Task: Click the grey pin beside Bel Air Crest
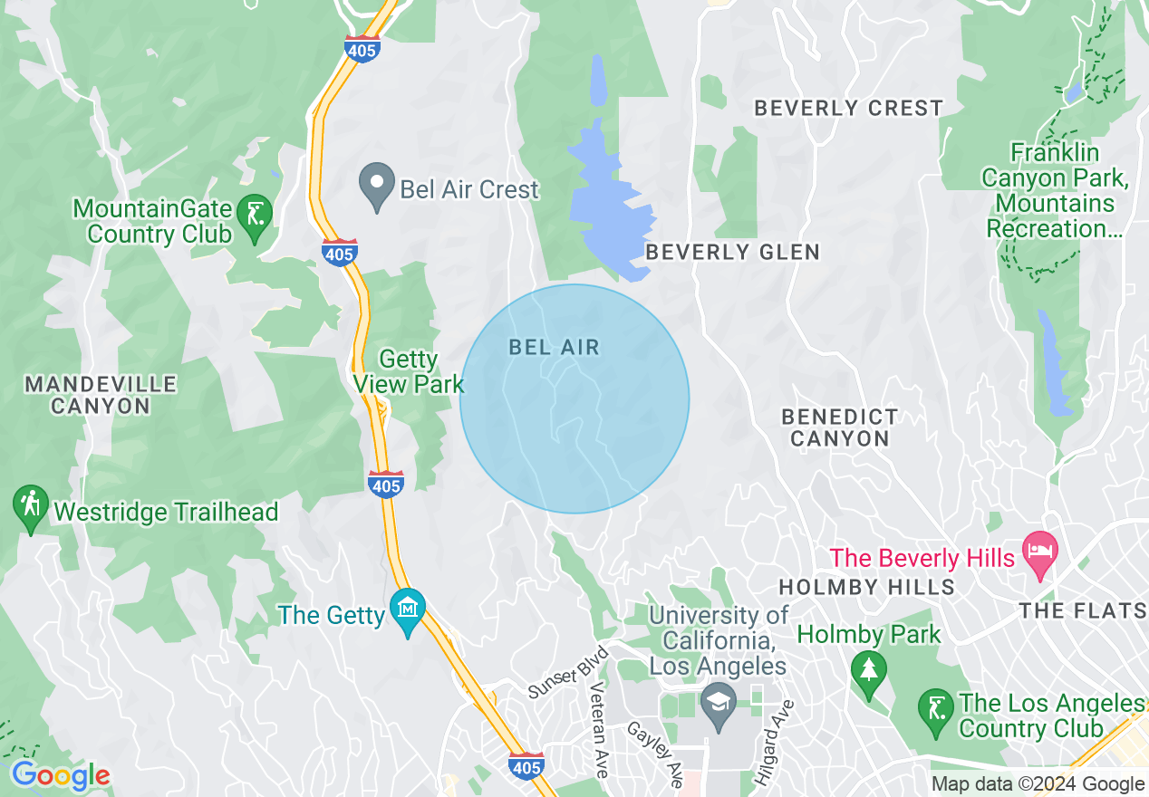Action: (x=376, y=186)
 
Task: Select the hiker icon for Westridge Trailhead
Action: (x=31, y=508)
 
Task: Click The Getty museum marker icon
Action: (x=408, y=611)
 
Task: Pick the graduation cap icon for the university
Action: (x=719, y=705)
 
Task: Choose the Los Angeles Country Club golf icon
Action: (x=935, y=710)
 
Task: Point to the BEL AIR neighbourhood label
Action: (x=555, y=347)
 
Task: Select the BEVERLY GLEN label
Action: (x=732, y=252)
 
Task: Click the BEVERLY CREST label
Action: (x=848, y=108)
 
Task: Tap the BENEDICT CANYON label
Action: (x=840, y=427)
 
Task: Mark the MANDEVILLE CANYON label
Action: (x=101, y=395)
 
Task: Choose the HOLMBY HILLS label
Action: (x=866, y=587)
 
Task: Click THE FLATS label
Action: (x=1082, y=611)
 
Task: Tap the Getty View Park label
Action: (x=409, y=372)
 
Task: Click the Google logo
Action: (x=61, y=775)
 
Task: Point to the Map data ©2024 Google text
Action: (x=1038, y=784)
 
